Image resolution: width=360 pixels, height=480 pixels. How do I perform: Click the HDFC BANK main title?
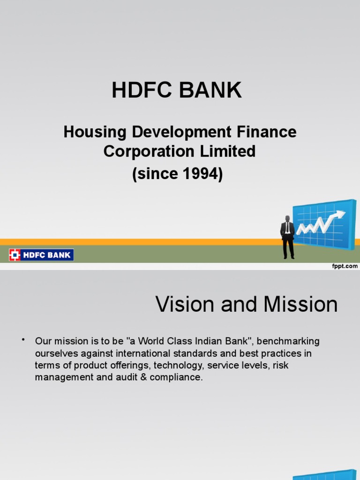click(177, 90)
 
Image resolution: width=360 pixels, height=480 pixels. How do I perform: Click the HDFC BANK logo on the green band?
click(41, 255)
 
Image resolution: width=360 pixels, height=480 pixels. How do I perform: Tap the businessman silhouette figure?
click(287, 237)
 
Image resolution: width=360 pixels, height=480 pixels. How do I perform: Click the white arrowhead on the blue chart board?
click(339, 215)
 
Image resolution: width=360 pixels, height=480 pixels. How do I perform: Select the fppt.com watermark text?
click(345, 266)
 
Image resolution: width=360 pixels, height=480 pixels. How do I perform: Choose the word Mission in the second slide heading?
click(300, 305)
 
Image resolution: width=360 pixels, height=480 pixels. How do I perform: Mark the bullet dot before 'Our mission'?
click(22, 339)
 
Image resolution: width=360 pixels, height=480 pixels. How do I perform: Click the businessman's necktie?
click(287, 227)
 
